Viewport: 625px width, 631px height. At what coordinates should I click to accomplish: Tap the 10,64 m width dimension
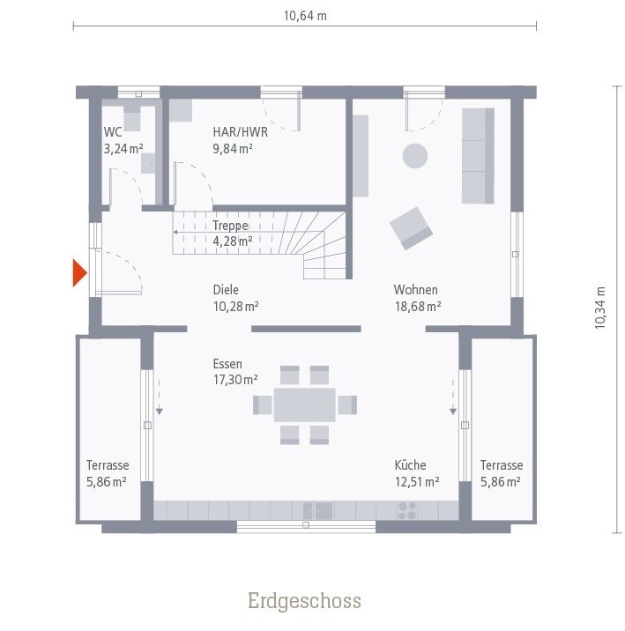(305, 15)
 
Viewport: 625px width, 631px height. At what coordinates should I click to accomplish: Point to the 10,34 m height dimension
(600, 308)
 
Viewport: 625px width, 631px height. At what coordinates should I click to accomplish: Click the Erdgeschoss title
(304, 601)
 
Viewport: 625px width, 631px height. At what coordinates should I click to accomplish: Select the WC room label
(113, 132)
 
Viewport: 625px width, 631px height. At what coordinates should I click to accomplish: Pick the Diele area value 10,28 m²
(234, 306)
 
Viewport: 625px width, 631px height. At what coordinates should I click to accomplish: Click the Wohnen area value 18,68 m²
(417, 306)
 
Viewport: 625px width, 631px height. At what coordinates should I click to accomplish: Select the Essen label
(227, 363)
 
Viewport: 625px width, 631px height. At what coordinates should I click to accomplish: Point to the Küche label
(411, 465)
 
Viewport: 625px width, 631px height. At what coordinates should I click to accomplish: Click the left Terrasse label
(108, 465)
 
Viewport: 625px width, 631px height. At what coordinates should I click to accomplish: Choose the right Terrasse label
(502, 465)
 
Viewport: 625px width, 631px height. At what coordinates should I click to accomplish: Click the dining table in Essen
(304, 405)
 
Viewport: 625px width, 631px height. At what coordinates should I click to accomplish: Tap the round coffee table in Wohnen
(415, 156)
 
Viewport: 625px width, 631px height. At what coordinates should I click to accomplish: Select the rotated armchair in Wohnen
(412, 227)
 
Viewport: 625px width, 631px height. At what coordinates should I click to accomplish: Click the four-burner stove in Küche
(407, 510)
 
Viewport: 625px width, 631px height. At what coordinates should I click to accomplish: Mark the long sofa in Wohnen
(478, 156)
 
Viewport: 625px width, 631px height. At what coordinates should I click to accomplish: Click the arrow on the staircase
(176, 232)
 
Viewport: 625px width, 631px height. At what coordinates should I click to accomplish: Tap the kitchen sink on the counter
(318, 510)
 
